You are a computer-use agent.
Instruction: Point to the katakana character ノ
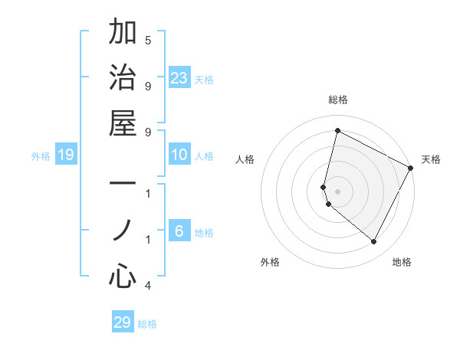[123, 230]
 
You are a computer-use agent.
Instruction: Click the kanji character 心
[123, 275]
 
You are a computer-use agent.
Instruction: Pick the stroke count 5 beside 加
[148, 40]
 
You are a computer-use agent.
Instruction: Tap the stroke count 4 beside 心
[148, 286]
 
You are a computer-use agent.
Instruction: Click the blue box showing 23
[179, 77]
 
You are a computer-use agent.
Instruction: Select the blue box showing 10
[179, 155]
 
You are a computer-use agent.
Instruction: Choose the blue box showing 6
[179, 231]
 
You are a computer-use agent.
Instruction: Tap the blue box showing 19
[66, 155]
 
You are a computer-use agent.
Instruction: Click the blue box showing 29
[122, 322]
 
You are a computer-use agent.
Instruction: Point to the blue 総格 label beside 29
[147, 324]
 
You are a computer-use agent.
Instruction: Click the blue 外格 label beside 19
[41, 156]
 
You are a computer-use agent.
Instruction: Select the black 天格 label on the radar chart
[431, 159]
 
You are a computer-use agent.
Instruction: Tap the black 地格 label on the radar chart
[402, 263]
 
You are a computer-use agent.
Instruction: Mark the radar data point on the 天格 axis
[411, 168]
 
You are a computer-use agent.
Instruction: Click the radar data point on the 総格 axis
[337, 131]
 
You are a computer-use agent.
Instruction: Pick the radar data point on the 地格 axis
[374, 242]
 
